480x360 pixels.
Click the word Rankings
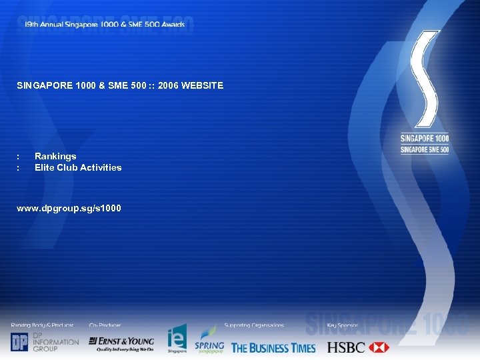(55, 156)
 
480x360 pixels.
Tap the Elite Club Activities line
(78, 167)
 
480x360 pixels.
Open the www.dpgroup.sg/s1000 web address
(69, 209)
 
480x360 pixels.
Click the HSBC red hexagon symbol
(378, 347)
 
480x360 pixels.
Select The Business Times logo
(273, 347)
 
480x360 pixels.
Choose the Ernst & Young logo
(121, 343)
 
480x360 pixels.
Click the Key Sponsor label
(343, 325)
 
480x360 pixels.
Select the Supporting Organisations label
(254, 325)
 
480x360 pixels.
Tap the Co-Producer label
(105, 325)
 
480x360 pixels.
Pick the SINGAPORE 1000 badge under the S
(425, 139)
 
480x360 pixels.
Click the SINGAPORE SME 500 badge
(425, 149)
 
